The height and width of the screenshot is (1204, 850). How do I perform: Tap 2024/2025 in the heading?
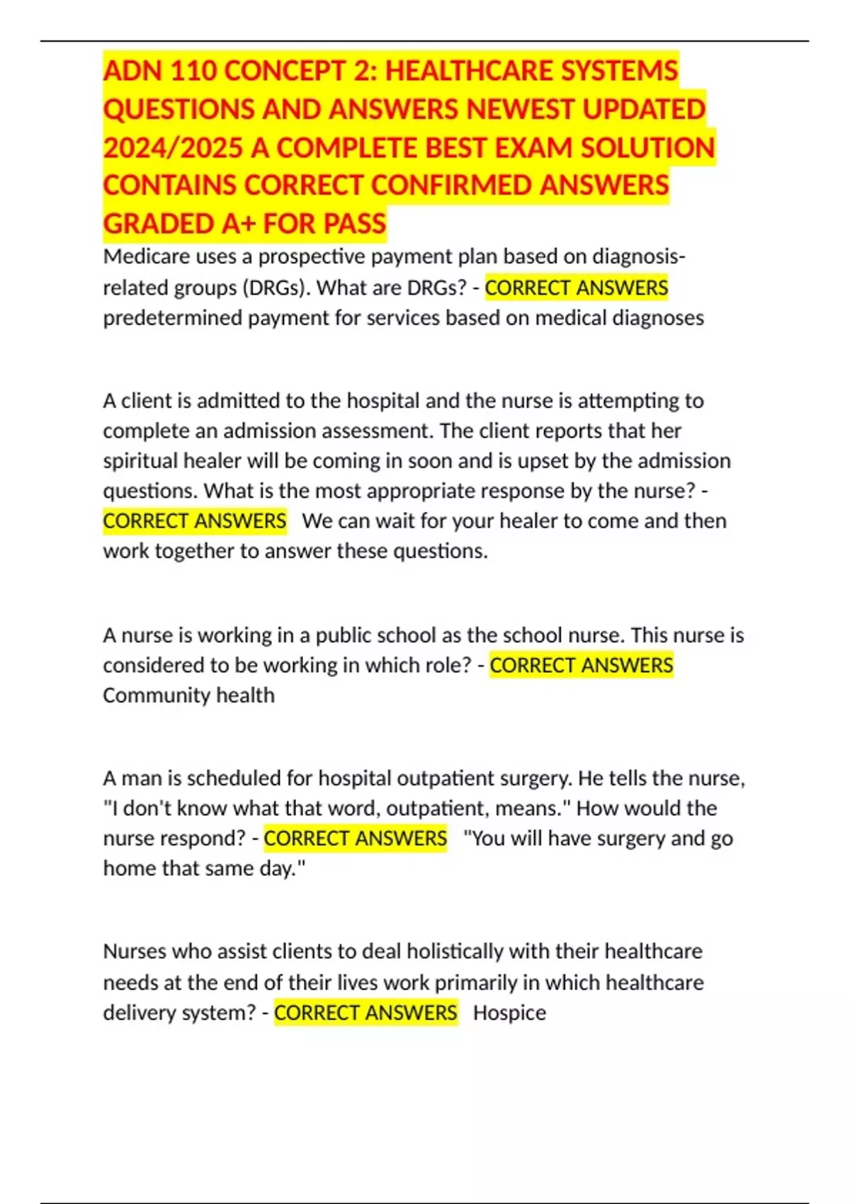(173, 148)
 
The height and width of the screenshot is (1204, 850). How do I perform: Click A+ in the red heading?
(238, 224)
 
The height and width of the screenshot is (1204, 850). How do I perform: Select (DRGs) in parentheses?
(276, 288)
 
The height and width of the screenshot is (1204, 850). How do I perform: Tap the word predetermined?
(173, 318)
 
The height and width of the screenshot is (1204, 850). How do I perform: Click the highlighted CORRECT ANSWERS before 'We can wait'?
(195, 521)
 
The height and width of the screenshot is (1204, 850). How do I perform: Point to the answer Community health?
(188, 695)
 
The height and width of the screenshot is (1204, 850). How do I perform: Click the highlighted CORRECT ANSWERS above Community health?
(581, 666)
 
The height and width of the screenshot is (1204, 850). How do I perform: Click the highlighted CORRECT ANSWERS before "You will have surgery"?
(355, 839)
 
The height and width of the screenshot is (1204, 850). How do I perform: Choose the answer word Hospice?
(509, 1013)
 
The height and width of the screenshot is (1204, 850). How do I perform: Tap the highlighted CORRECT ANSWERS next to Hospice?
(365, 1013)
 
